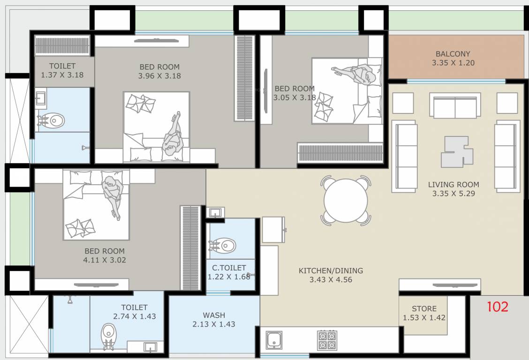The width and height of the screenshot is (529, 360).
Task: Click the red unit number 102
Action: pyautogui.click(x=497, y=307)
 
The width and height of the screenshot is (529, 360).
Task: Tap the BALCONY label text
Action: pyautogui.click(x=452, y=54)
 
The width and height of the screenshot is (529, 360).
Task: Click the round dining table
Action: pyautogui.click(x=346, y=201)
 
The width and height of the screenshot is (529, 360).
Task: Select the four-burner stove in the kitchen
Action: pyautogui.click(x=327, y=340)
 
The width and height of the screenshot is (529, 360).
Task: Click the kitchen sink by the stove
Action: pyautogui.click(x=274, y=340)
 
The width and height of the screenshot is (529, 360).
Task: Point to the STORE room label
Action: pyautogui.click(x=424, y=308)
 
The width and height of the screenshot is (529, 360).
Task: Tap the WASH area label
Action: pyautogui.click(x=213, y=315)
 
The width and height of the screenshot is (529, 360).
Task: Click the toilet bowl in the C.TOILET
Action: pyautogui.click(x=225, y=245)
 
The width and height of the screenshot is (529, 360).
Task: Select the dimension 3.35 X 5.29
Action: pyautogui.click(x=453, y=193)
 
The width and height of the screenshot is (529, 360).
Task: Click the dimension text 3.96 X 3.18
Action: pyautogui.click(x=159, y=75)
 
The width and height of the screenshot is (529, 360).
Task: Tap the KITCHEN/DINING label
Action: pyautogui.click(x=331, y=270)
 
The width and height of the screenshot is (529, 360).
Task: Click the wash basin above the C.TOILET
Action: pyautogui.click(x=215, y=213)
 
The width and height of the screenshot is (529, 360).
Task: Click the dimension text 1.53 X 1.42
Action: pyautogui.click(x=424, y=318)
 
